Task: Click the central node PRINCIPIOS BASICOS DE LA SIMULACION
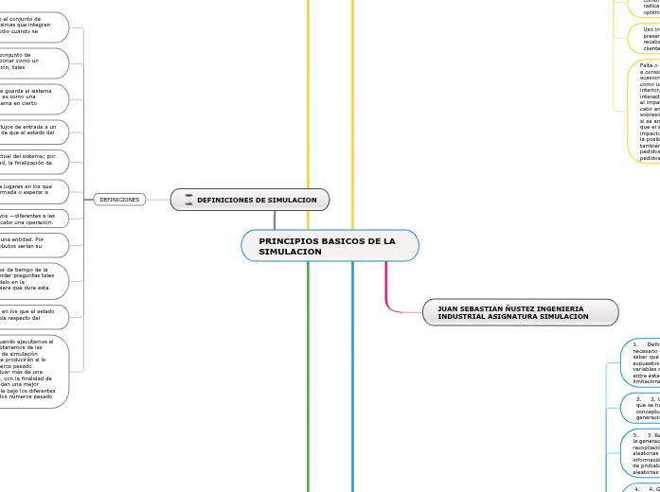[x=330, y=246]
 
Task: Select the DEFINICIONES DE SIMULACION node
[x=250, y=200]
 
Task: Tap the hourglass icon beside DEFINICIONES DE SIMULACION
[x=188, y=200]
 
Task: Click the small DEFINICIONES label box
[x=119, y=200]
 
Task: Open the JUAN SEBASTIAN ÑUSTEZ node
[x=520, y=312]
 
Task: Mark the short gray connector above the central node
[x=275, y=220]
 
